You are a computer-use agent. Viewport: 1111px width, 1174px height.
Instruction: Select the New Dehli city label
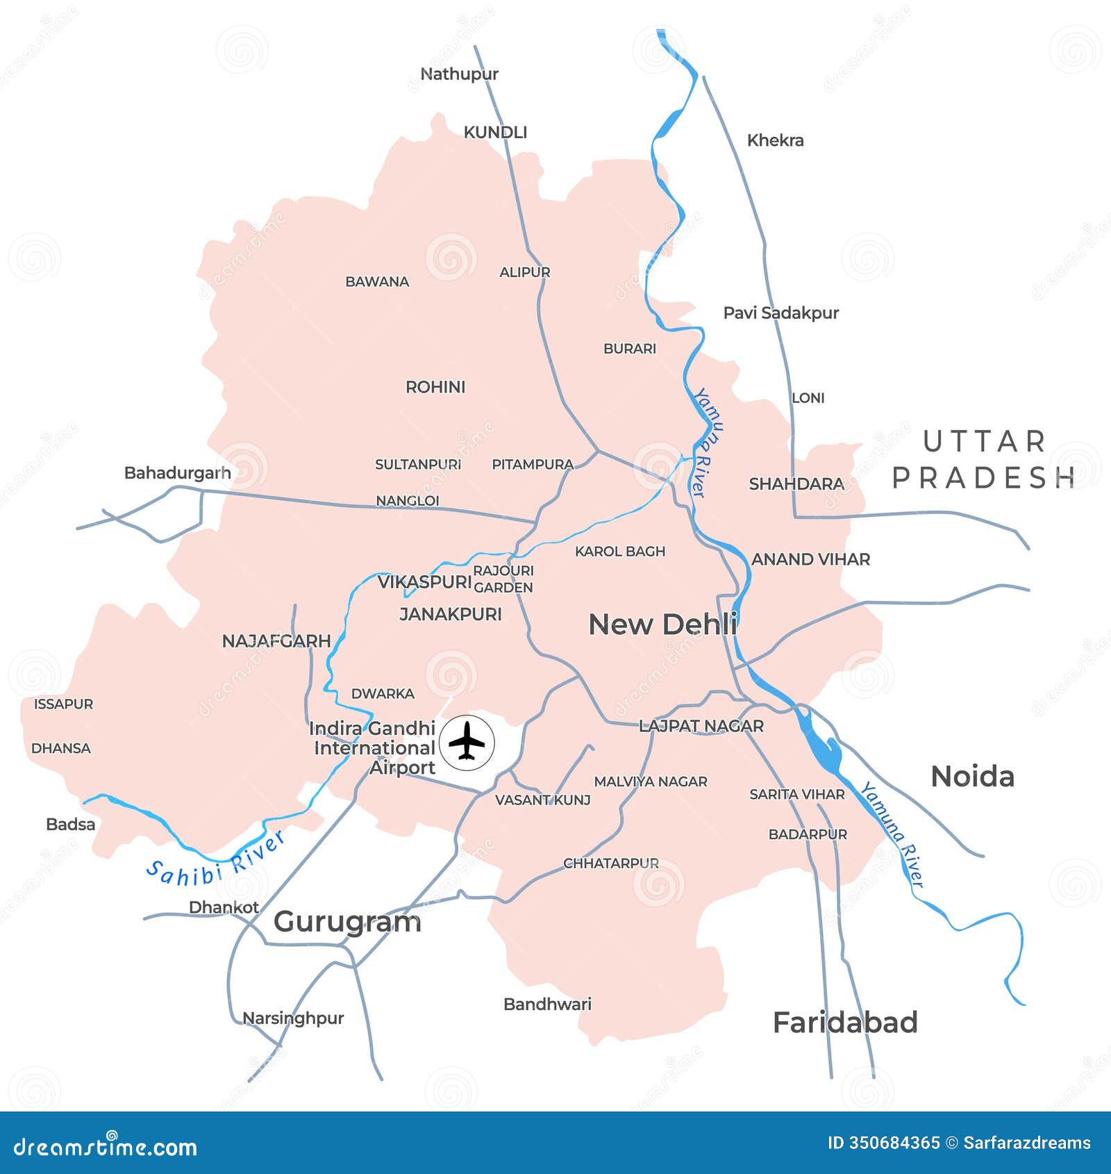pyautogui.click(x=662, y=625)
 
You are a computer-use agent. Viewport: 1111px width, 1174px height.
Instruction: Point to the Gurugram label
pyautogui.click(x=347, y=922)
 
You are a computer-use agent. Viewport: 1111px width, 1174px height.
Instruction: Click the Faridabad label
pyautogui.click(x=845, y=1023)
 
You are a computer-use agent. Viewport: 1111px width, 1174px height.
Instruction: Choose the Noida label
pyautogui.click(x=972, y=777)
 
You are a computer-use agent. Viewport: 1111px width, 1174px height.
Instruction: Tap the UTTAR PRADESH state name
pyautogui.click(x=984, y=460)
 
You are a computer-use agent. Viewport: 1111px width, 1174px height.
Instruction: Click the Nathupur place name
pyautogui.click(x=459, y=74)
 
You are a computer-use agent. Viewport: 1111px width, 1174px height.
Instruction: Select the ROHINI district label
pyautogui.click(x=435, y=387)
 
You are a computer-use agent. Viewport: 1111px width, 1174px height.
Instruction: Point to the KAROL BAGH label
pyautogui.click(x=620, y=552)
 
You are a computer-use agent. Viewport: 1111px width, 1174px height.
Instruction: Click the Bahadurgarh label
pyautogui.click(x=177, y=473)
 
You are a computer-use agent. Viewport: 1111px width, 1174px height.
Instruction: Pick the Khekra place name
pyautogui.click(x=775, y=140)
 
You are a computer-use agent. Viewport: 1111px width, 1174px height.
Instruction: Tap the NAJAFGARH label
pyautogui.click(x=276, y=641)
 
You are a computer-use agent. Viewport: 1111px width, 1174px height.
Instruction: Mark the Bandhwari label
pyautogui.click(x=547, y=1004)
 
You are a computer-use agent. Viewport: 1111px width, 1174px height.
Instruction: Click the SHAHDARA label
pyautogui.click(x=796, y=484)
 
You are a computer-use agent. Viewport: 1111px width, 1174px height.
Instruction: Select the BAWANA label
pyautogui.click(x=377, y=282)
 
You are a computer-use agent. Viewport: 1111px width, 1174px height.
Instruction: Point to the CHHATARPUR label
pyautogui.click(x=611, y=863)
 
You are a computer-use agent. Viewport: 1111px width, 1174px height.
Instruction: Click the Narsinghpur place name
pyautogui.click(x=293, y=1018)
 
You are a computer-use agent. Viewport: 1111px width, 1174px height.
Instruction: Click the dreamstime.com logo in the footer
pyautogui.click(x=106, y=1147)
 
